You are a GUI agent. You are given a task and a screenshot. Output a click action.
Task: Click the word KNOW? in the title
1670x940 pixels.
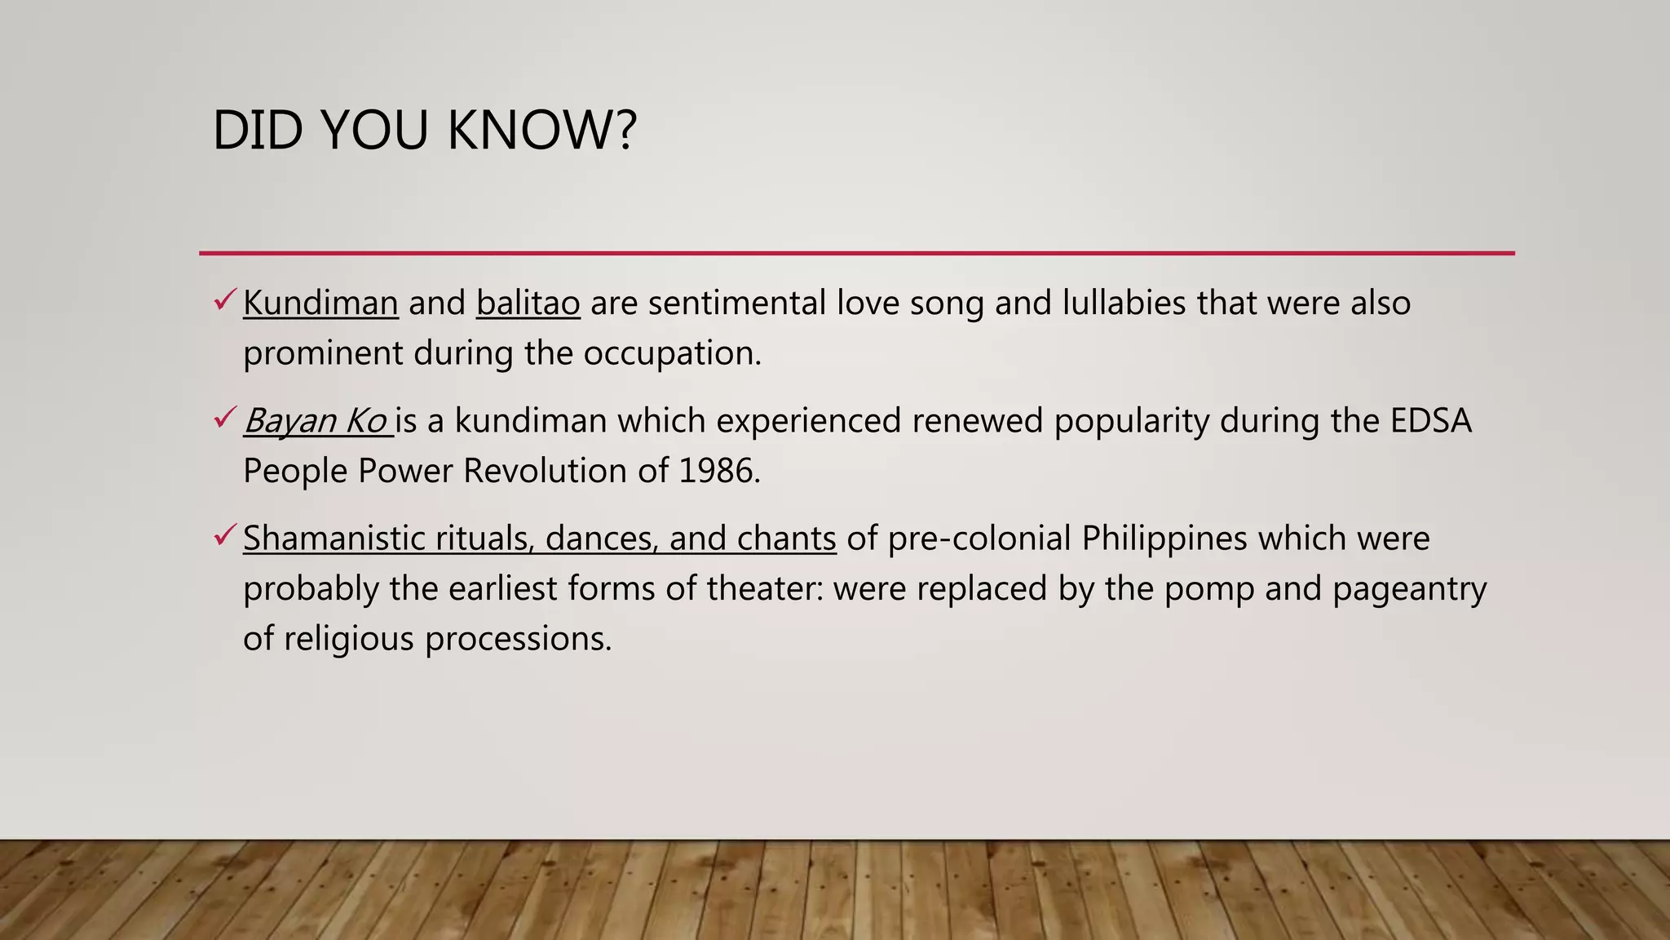click(x=541, y=131)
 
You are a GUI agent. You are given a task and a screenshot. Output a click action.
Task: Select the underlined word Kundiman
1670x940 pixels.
click(x=320, y=304)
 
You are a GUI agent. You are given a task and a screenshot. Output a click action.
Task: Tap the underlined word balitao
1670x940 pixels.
click(x=528, y=304)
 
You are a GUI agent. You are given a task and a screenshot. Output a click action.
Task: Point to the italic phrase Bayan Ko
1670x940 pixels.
click(x=315, y=421)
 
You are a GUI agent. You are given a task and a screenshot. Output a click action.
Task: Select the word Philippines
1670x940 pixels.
click(x=1164, y=539)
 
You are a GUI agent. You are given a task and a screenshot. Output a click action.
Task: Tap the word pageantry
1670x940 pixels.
click(x=1409, y=589)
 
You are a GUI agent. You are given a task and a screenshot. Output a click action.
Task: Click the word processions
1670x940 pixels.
click(x=518, y=639)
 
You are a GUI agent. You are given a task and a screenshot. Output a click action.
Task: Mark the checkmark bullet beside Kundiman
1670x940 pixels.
click(x=225, y=300)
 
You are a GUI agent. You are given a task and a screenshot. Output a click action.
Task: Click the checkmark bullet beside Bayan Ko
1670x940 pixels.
click(x=225, y=418)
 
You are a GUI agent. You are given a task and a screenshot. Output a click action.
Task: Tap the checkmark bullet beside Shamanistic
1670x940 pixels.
click(x=225, y=535)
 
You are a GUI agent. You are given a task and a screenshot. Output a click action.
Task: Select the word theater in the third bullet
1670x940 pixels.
click(x=765, y=589)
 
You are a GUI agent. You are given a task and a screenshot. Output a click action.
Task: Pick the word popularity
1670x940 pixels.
click(x=1131, y=421)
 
